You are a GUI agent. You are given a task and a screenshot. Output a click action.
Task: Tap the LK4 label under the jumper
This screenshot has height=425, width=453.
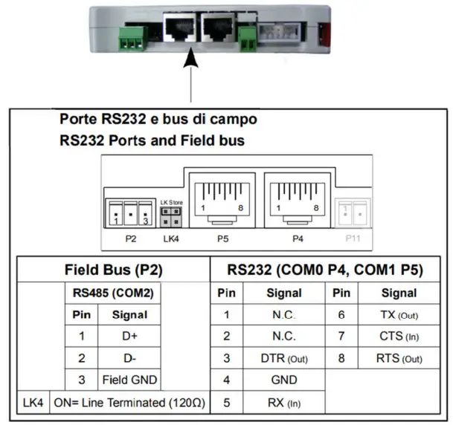click(x=170, y=239)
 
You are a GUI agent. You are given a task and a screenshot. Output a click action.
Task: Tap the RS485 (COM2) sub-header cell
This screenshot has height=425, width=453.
click(x=113, y=293)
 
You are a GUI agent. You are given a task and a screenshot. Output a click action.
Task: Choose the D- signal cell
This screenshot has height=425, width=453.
click(x=129, y=358)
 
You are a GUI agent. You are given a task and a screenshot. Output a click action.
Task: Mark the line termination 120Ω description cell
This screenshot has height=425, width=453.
click(x=129, y=403)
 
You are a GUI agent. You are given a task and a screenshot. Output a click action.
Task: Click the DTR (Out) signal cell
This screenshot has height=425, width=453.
click(x=283, y=358)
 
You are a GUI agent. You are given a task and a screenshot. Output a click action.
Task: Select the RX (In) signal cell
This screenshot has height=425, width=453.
click(x=283, y=403)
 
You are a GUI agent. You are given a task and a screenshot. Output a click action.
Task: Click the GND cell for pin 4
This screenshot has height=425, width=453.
click(x=283, y=380)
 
